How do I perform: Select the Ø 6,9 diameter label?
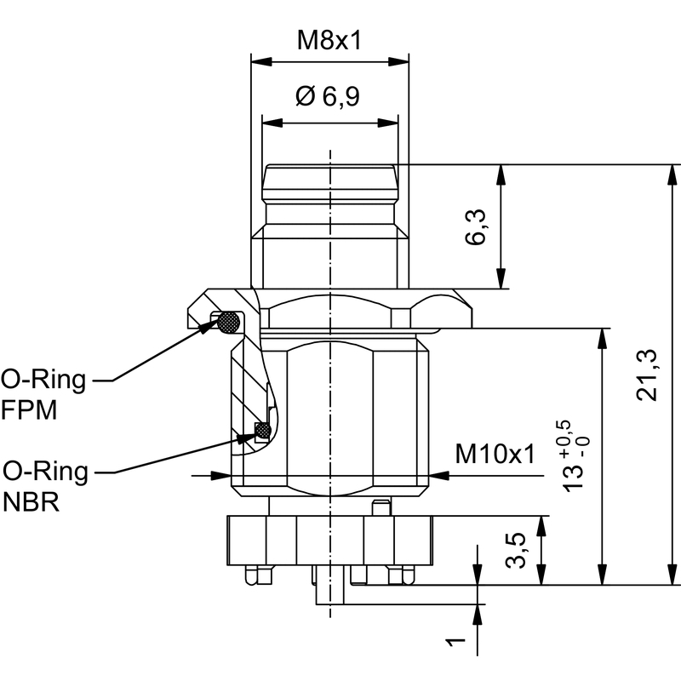(328, 97)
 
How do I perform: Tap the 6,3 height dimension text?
(478, 226)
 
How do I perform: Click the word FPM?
(29, 410)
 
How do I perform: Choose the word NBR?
(31, 501)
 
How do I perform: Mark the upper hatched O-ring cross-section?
(228, 322)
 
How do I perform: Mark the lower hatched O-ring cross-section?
(263, 431)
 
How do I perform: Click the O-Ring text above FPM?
(43, 379)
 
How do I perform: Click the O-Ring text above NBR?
(45, 471)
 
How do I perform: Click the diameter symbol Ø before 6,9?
(306, 97)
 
